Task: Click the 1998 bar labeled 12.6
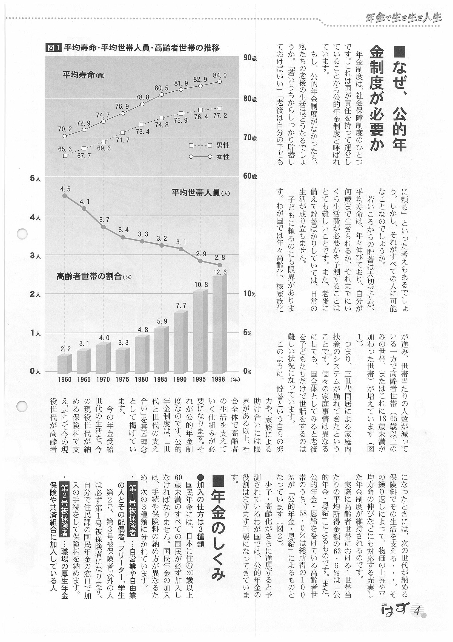click(219, 324)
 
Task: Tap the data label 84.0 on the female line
click(220, 75)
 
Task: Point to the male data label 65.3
click(65, 149)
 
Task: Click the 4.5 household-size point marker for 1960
click(65, 196)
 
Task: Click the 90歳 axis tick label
click(250, 58)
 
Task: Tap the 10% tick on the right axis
click(249, 294)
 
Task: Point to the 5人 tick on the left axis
click(35, 178)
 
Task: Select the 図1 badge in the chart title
click(53, 48)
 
